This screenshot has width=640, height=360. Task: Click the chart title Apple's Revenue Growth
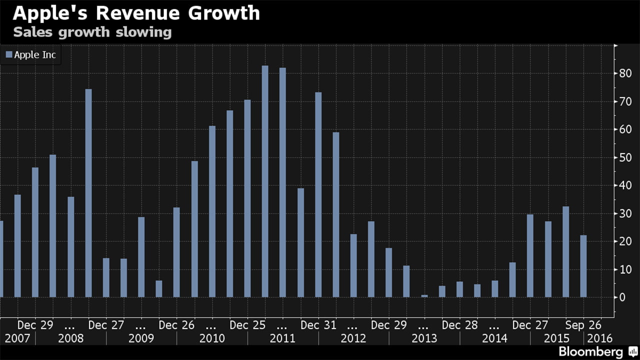click(136, 13)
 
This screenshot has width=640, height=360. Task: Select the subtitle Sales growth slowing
click(92, 32)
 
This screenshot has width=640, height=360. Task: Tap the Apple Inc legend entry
click(31, 55)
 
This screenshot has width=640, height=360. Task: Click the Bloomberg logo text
click(590, 351)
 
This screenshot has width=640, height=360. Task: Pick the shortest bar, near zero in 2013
click(424, 296)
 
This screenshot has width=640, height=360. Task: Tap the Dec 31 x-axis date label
click(318, 325)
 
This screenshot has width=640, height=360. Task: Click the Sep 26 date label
click(583, 325)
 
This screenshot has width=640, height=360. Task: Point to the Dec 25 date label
click(247, 325)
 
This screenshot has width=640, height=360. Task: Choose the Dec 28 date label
click(460, 325)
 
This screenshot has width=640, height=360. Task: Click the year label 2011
click(283, 338)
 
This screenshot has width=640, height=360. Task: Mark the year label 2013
click(424, 338)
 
